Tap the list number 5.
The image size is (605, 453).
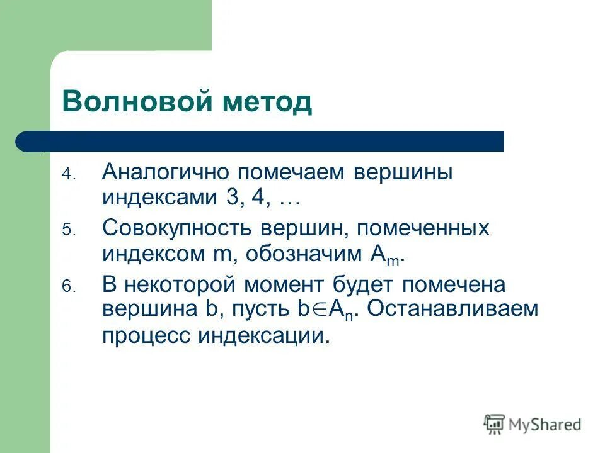tap(68, 231)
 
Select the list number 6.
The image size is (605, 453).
tap(68, 287)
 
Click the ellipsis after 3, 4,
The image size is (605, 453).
tap(289, 200)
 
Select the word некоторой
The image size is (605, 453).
tap(181, 284)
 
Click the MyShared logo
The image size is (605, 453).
tap(533, 425)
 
